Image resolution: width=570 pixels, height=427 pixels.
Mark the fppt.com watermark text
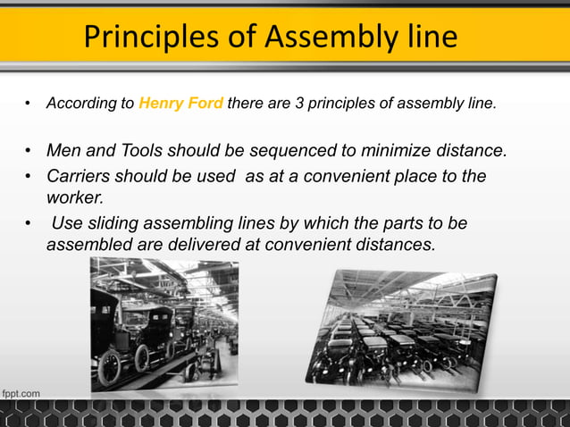tap(21, 392)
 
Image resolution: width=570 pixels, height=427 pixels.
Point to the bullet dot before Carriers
tap(29, 176)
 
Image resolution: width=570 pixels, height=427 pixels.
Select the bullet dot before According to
tap(29, 104)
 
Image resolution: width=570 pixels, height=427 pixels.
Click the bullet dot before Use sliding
tap(29, 222)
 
